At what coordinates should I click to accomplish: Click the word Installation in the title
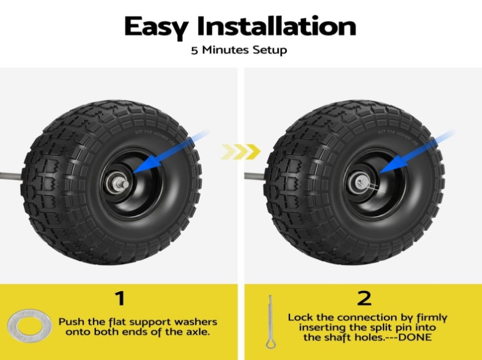(x=276, y=26)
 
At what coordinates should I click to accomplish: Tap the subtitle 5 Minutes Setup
(x=239, y=50)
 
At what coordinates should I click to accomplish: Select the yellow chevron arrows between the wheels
(x=241, y=152)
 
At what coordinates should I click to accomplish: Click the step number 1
(x=120, y=298)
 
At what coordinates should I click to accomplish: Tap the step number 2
(x=364, y=298)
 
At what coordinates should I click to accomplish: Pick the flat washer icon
(x=30, y=326)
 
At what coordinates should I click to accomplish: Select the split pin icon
(x=271, y=322)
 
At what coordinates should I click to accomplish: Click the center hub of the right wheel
(x=361, y=183)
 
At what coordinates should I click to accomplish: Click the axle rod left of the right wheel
(x=255, y=176)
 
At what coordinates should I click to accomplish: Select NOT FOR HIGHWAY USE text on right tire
(x=398, y=137)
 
